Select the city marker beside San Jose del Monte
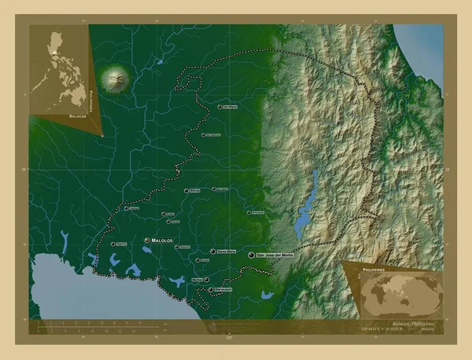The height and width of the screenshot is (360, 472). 251,255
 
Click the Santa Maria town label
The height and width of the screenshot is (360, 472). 226,251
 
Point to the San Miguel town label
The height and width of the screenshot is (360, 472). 230,106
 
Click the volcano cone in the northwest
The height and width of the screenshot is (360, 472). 117,79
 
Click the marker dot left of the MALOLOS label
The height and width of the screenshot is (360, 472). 146,239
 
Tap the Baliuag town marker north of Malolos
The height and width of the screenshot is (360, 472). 187,190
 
